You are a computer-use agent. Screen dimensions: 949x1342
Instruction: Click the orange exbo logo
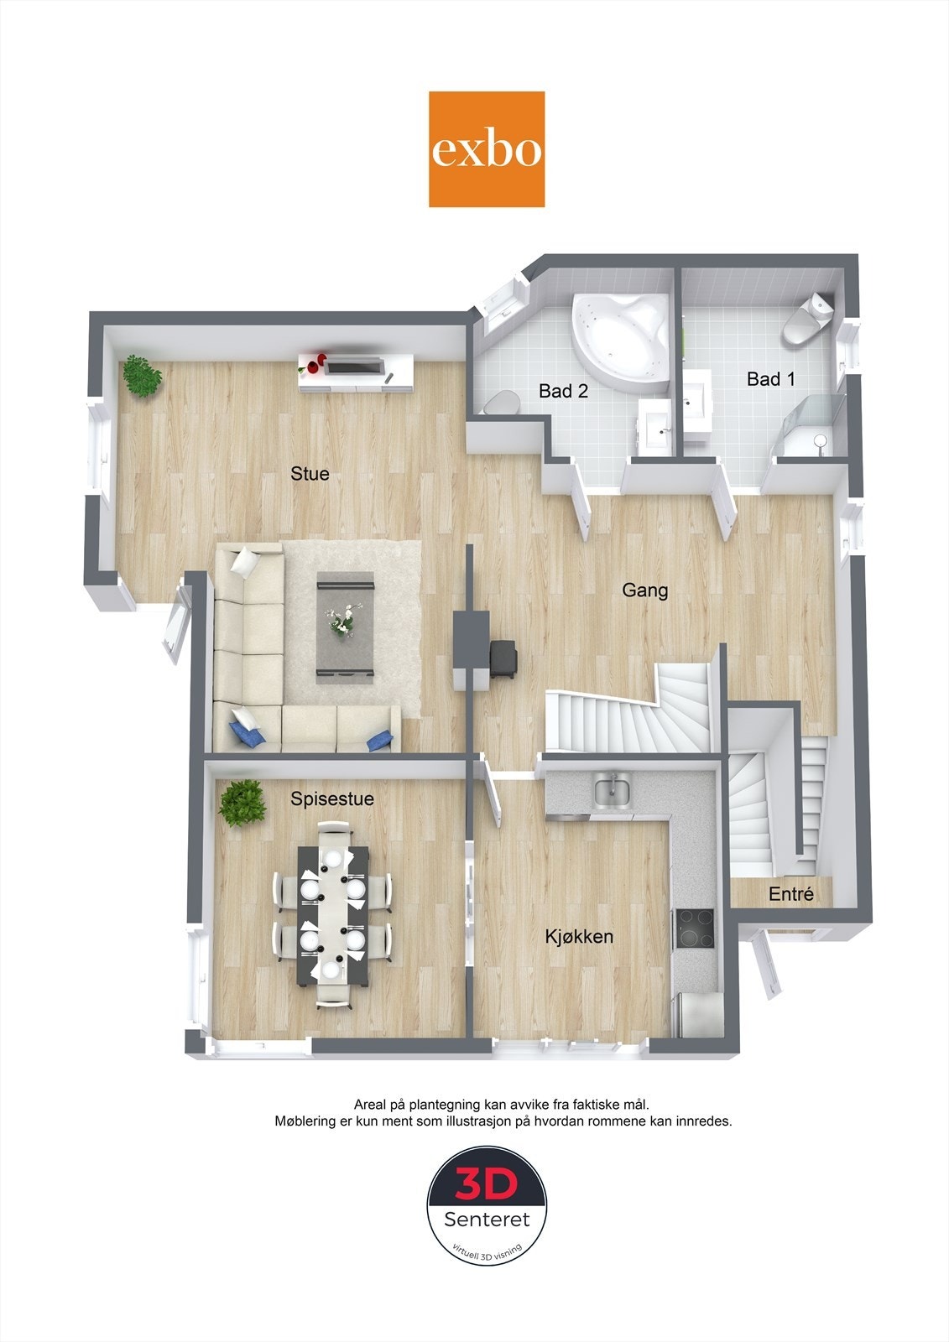point(486,149)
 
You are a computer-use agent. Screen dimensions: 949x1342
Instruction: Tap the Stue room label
point(310,474)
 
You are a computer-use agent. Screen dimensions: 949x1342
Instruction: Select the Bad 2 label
point(563,391)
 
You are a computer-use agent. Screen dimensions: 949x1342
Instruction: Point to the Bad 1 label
point(770,379)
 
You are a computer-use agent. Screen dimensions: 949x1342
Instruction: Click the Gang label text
point(645,590)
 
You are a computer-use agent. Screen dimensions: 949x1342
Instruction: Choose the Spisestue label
point(332,798)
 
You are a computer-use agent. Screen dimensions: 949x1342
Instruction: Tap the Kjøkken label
point(579,936)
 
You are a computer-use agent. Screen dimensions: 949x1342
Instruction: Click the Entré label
point(791,894)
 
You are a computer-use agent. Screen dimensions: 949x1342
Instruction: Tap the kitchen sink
point(612,791)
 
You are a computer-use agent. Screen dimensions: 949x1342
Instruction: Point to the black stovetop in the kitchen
point(696,928)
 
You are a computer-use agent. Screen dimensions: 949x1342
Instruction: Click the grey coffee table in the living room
point(346,627)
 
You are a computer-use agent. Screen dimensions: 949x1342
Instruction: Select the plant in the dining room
point(242,803)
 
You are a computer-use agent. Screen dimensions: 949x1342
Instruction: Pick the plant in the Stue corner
point(142,376)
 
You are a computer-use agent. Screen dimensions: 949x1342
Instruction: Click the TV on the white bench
point(356,365)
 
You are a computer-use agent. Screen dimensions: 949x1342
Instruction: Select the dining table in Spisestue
point(333,916)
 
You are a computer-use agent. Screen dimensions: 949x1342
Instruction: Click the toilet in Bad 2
point(502,402)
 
